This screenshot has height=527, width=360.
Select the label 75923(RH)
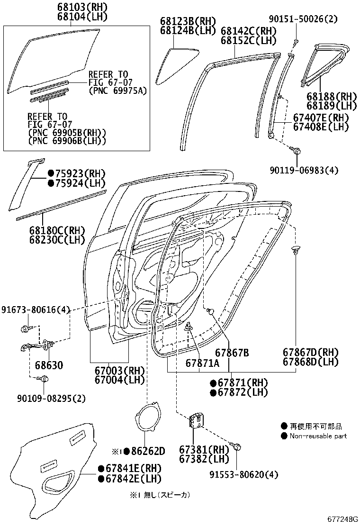(76, 173)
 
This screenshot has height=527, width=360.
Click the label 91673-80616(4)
(36, 309)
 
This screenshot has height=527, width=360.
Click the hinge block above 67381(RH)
(197, 420)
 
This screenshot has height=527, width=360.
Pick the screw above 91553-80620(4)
(237, 446)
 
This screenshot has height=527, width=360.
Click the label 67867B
(232, 353)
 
